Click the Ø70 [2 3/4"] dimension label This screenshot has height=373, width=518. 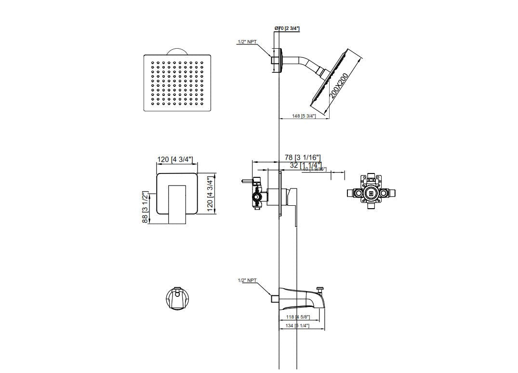click(x=287, y=29)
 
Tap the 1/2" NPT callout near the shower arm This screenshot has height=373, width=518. click(x=247, y=42)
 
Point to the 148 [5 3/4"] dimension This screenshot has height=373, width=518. click(x=304, y=116)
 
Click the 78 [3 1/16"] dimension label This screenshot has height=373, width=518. click(x=302, y=158)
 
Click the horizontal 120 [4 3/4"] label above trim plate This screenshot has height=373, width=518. click(x=175, y=160)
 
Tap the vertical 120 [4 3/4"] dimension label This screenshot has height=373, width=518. click(x=210, y=193)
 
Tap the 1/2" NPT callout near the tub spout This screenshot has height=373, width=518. click(x=247, y=280)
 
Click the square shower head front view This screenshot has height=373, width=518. click(x=178, y=83)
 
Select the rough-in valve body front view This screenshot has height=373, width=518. click(x=371, y=193)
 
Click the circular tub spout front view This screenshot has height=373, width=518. click(x=177, y=299)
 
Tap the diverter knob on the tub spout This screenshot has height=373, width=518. click(x=319, y=290)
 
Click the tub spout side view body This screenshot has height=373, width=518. click(x=299, y=298)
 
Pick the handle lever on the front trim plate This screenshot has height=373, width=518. click(x=177, y=204)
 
